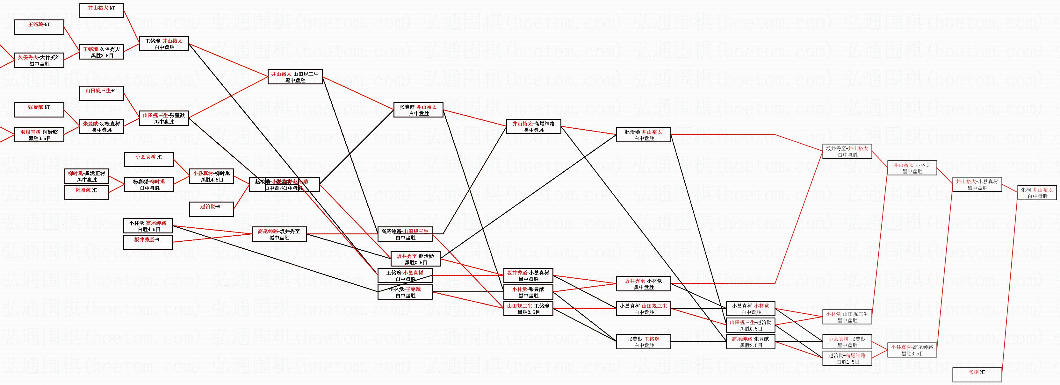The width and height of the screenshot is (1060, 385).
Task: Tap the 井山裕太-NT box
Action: (x=101, y=11)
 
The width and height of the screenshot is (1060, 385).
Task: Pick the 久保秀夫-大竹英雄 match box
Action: (x=39, y=61)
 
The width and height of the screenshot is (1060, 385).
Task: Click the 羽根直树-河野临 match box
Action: (x=39, y=135)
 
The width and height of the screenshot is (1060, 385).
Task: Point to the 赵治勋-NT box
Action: (x=211, y=209)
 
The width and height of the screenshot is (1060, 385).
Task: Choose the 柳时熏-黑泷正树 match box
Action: (x=86, y=176)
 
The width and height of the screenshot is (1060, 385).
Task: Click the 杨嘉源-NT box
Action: (x=86, y=192)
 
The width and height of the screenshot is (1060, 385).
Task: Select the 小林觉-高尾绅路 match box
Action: (x=148, y=226)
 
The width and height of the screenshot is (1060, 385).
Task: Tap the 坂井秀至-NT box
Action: (x=148, y=242)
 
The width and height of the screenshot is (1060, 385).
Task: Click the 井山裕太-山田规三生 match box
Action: (x=295, y=77)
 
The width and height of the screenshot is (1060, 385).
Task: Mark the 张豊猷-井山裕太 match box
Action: (x=418, y=110)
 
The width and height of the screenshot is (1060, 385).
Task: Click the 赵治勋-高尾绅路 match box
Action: (x=847, y=358)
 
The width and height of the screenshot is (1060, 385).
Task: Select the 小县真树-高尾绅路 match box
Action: (x=912, y=350)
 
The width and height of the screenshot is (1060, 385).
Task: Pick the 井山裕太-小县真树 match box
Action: (x=977, y=185)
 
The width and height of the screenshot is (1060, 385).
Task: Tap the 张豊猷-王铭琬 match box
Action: (x=643, y=342)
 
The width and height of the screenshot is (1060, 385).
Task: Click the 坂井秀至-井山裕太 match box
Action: (x=847, y=151)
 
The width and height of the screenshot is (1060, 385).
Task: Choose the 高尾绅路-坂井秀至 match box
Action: (x=279, y=234)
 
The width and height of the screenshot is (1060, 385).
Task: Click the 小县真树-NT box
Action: (x=149, y=160)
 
